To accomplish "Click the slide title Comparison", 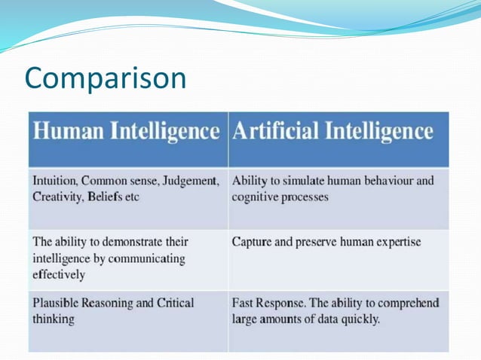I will pyautogui.click(x=105, y=78).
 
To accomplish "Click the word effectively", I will pyautogui.click(x=59, y=274).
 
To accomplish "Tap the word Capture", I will pyautogui.click(x=254, y=243).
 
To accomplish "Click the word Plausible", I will pyautogui.click(x=59, y=304).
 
